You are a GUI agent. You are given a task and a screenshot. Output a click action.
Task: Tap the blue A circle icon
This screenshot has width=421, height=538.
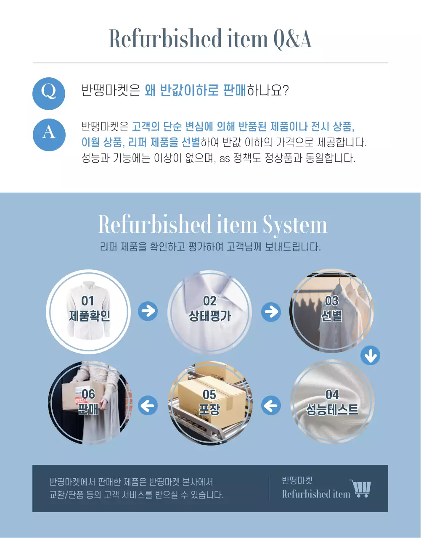click(49, 134)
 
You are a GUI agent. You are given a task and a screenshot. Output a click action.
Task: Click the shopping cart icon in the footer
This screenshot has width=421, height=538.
click(360, 488)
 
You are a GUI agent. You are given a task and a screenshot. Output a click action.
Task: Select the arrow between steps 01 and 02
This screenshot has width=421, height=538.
click(148, 311)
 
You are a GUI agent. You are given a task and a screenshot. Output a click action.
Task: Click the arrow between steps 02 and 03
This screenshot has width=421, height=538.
click(271, 311)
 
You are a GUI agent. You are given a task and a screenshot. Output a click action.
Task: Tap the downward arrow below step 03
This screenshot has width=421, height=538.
click(370, 356)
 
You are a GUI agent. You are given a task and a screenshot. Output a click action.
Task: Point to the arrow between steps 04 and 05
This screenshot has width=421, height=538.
click(271, 406)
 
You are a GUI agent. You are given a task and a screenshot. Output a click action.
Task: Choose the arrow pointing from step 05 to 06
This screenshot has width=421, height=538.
click(148, 406)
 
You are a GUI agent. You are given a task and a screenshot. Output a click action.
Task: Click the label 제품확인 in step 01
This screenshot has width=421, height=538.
click(90, 316)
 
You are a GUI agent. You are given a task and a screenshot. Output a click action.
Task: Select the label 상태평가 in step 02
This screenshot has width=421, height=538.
click(210, 316)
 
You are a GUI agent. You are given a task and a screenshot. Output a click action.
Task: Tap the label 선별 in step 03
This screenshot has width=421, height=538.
click(331, 316)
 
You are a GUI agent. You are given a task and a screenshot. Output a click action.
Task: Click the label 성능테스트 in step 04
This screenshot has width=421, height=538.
click(332, 409)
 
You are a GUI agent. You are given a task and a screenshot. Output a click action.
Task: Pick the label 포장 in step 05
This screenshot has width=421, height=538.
click(209, 409)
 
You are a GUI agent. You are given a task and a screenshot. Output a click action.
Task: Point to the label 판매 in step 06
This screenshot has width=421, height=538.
click(88, 409)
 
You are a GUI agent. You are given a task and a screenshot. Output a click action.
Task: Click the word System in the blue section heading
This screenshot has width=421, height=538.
click(295, 225)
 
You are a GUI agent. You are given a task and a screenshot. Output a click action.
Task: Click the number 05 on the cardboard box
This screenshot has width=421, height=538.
click(209, 395)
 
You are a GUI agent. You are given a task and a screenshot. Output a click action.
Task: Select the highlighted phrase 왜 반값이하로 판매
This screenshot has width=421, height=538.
click(195, 90)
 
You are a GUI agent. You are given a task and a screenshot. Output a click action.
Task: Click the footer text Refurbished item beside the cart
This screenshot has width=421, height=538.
click(316, 494)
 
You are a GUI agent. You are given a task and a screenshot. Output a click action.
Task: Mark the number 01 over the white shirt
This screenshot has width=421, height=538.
click(88, 301)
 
